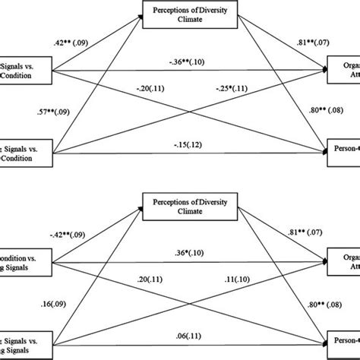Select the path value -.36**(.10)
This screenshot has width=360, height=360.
tap(180, 64)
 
